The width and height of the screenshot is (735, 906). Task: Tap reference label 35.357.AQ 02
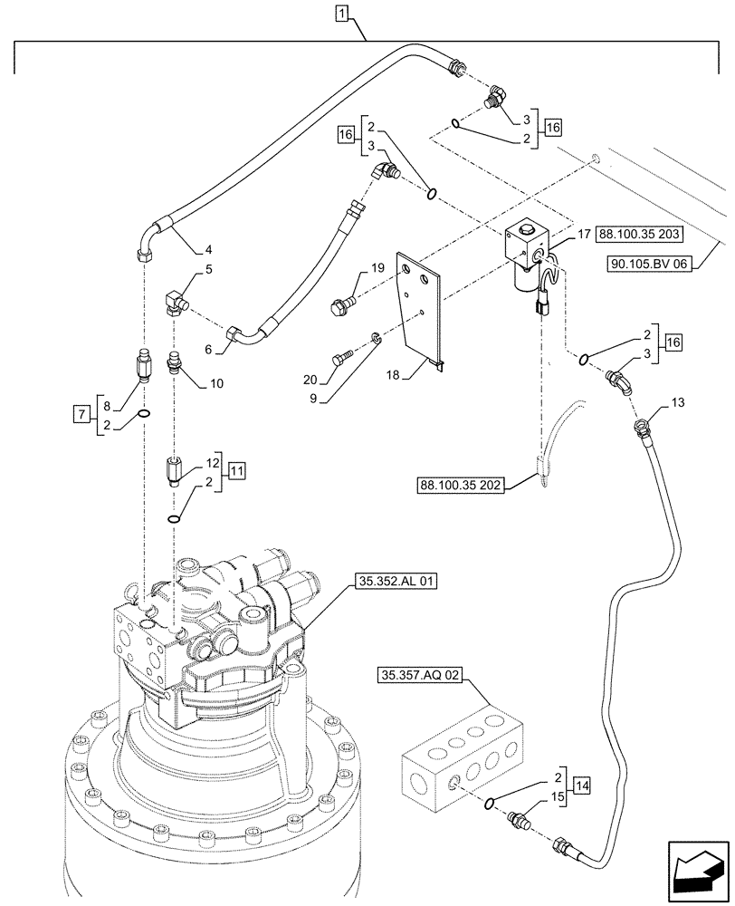tap(423, 674)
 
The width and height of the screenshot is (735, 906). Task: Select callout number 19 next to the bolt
tap(377, 268)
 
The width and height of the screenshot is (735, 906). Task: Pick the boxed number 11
tap(236, 471)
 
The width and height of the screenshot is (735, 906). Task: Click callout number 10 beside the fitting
tap(217, 383)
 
